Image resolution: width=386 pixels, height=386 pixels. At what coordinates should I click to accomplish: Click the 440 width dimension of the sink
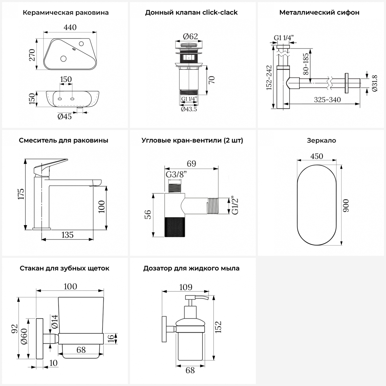click(x=70, y=27)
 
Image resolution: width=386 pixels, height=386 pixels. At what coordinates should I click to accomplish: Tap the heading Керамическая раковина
click(x=66, y=13)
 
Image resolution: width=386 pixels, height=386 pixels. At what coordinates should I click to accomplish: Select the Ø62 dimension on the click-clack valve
click(x=190, y=36)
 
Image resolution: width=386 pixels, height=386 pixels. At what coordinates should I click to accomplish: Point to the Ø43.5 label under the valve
click(x=189, y=109)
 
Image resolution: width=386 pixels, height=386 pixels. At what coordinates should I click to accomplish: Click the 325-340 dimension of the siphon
click(x=327, y=100)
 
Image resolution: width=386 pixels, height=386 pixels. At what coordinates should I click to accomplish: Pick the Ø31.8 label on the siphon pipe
click(x=374, y=83)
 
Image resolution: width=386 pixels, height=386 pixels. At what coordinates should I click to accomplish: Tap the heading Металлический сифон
click(x=319, y=13)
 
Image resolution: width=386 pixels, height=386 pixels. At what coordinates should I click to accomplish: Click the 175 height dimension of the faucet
click(x=21, y=194)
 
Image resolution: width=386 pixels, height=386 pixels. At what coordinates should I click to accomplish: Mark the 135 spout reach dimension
click(x=67, y=235)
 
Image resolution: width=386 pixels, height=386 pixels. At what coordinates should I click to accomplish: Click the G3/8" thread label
click(x=176, y=174)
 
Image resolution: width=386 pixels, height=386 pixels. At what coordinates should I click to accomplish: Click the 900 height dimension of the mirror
click(x=346, y=205)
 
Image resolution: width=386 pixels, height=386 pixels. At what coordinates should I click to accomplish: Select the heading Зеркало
click(x=321, y=141)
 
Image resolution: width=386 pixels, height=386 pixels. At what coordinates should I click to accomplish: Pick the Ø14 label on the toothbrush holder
click(x=54, y=321)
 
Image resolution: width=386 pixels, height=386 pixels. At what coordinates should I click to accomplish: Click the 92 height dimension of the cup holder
click(x=14, y=329)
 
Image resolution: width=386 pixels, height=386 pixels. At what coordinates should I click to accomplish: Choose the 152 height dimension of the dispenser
click(x=218, y=327)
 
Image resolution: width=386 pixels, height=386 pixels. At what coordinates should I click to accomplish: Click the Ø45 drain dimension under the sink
click(x=65, y=117)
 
